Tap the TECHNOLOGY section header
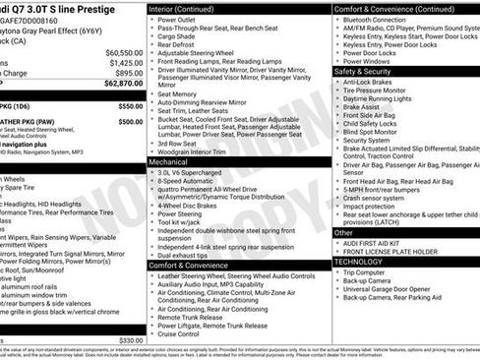(x=358, y=262)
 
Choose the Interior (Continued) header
(x=190, y=9)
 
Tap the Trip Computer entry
(x=373, y=272)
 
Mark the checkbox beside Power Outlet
(x=151, y=20)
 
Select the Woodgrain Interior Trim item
(x=199, y=150)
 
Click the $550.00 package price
(x=130, y=105)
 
